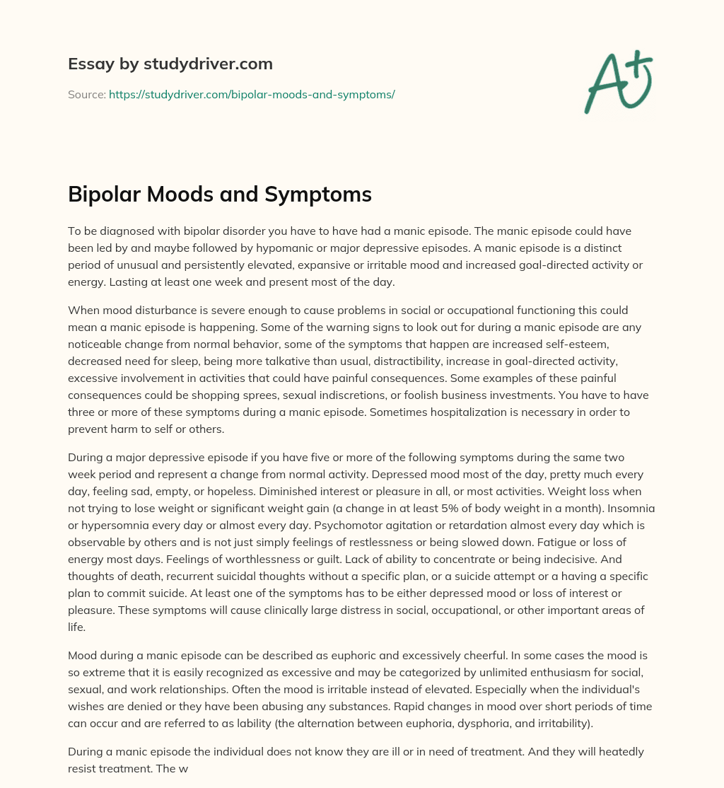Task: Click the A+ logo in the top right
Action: (x=618, y=82)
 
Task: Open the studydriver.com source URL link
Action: (x=252, y=94)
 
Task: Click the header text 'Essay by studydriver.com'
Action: (x=170, y=64)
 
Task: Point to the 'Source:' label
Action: (x=86, y=94)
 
